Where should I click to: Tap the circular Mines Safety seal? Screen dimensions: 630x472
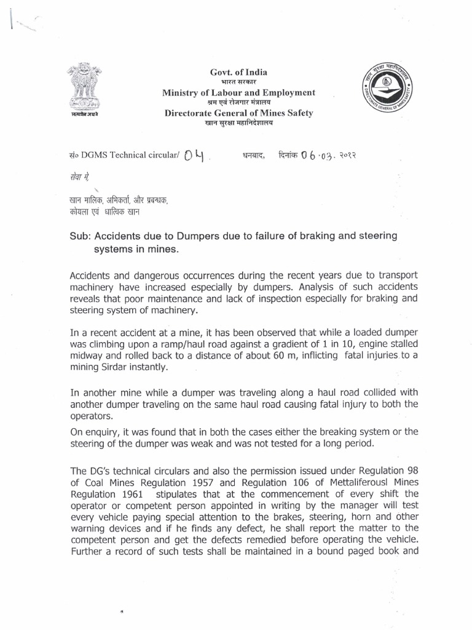[x=385, y=92]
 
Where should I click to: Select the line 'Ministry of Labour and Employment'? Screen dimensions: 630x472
[x=238, y=92]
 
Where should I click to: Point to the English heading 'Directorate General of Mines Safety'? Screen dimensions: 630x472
[x=238, y=113]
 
